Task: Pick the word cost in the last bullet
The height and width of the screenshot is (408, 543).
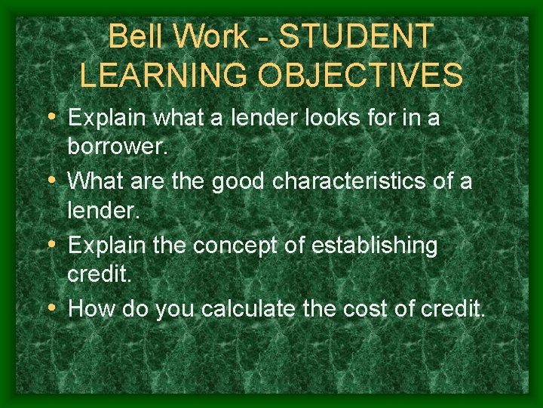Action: (x=373, y=309)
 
